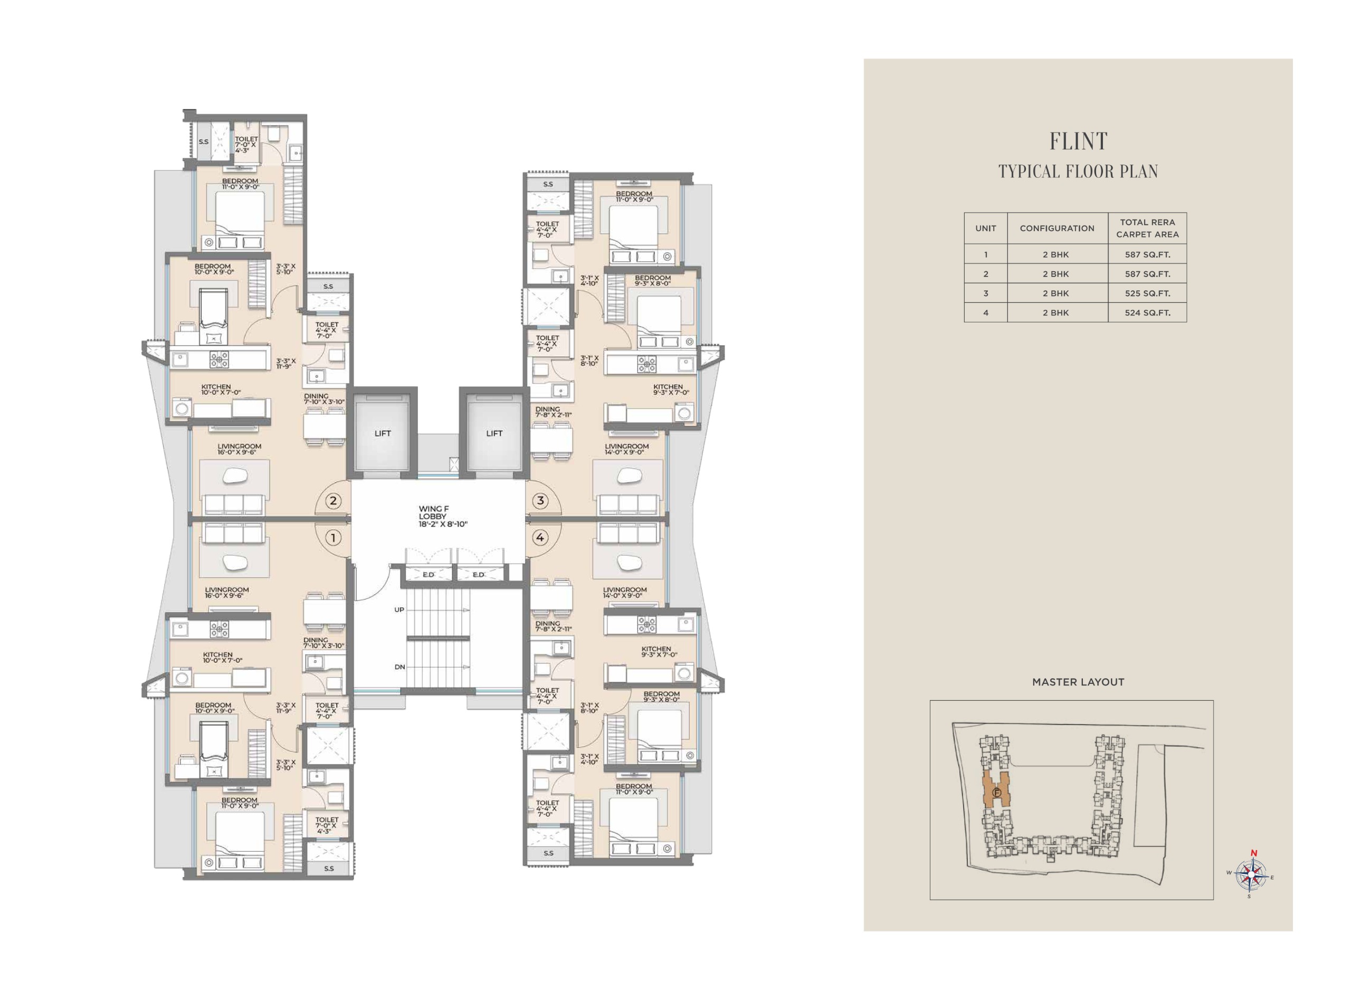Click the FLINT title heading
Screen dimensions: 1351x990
pos(1078,141)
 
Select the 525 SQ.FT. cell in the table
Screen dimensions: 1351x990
pos(1147,293)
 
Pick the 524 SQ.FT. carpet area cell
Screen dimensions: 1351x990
pos(1147,312)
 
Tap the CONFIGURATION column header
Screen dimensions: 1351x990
pos(1057,229)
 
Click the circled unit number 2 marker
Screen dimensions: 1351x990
pos(333,500)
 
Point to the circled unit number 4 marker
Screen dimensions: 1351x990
pos(540,538)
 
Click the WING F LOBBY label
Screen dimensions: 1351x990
pos(443,516)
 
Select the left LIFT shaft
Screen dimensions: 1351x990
pos(382,433)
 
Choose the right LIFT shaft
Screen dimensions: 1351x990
pos(494,433)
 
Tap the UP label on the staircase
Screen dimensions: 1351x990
pos(399,610)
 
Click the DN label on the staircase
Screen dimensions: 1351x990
pos(399,667)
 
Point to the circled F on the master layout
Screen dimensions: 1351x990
pos(997,793)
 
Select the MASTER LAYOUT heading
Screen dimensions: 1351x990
pos(1078,682)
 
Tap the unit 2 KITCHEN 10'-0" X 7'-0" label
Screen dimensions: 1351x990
pos(221,389)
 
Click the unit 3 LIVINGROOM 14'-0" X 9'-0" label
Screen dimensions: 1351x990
pos(626,449)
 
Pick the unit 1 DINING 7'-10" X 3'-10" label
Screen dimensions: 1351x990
pos(324,642)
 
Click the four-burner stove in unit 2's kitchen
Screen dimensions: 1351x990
pos(218,359)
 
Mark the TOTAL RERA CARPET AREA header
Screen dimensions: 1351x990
pos(1147,229)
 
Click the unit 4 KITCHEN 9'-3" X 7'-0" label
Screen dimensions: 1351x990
pos(659,651)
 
